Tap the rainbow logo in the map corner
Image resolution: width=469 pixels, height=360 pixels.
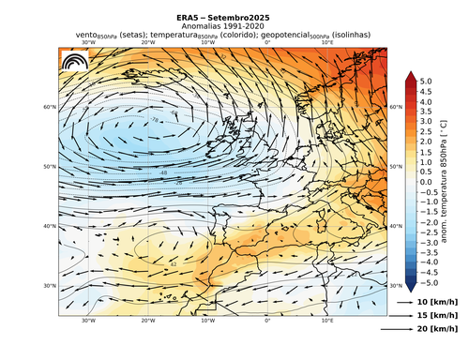73,62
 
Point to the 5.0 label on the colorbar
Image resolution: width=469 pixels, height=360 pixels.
425,82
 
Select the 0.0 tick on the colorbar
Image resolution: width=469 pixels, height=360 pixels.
425,183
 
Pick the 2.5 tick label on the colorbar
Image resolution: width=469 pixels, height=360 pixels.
425,132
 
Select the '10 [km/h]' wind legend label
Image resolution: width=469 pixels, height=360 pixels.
436,303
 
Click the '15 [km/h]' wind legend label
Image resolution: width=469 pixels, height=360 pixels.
436,317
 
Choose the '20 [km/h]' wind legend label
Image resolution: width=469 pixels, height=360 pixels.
436,330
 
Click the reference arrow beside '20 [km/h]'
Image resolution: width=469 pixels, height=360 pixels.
397,330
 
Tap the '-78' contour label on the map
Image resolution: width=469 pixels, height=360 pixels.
153,121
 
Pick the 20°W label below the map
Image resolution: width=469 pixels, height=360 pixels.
147,320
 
